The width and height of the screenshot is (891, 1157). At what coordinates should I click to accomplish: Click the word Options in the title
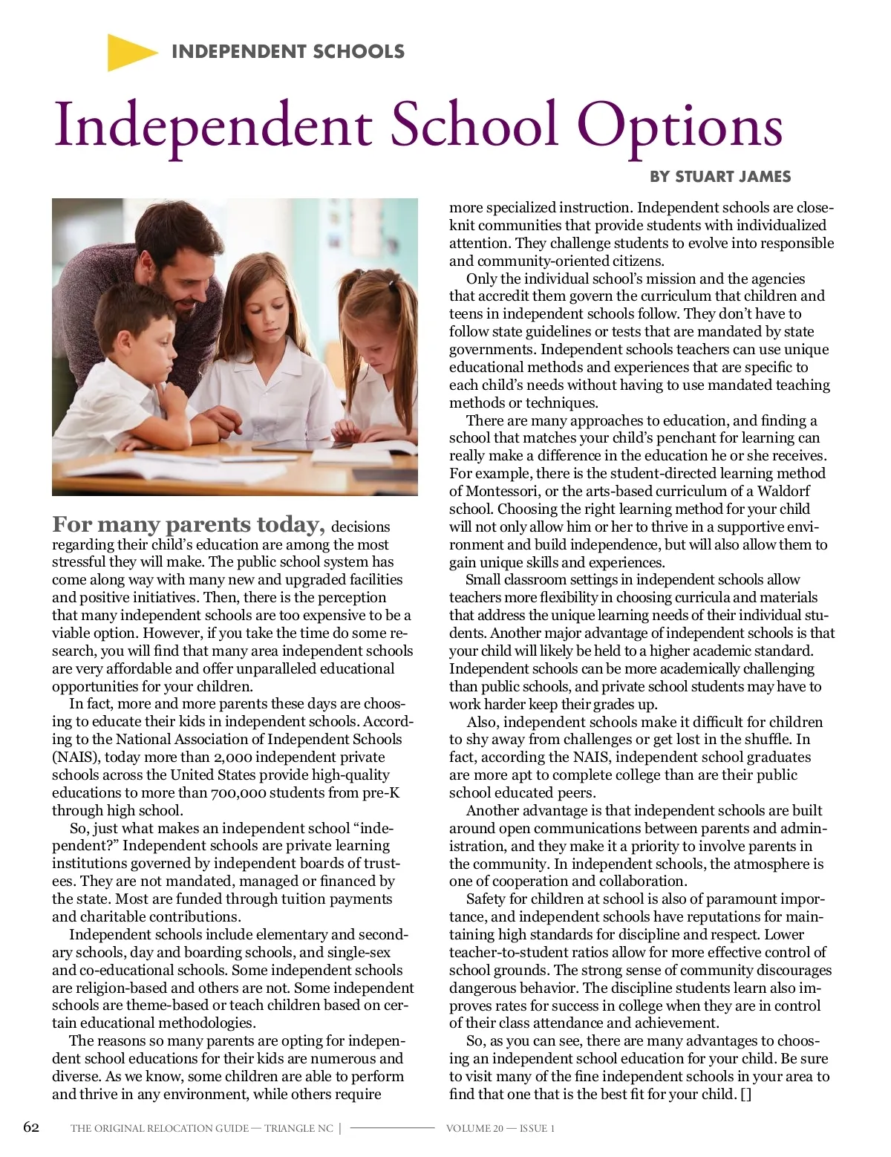point(679,126)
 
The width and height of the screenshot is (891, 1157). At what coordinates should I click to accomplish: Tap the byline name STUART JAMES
point(733,177)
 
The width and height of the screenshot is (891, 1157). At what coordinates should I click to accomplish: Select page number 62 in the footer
point(31,1127)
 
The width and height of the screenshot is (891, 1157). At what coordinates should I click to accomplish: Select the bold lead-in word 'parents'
point(208,524)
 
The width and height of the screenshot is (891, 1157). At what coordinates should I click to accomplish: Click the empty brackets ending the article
point(745,1094)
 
